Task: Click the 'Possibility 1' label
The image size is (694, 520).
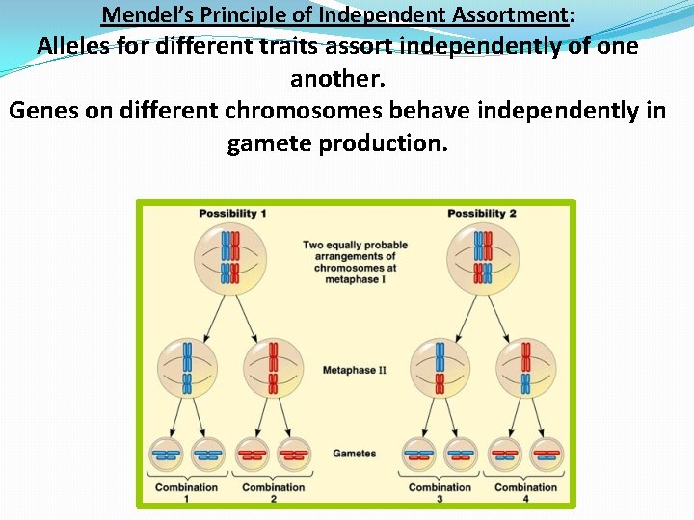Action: [x=232, y=214]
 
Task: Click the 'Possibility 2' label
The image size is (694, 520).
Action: [x=481, y=214]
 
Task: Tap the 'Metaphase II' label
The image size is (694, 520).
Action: [x=354, y=370]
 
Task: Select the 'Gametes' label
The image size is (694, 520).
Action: [x=354, y=453]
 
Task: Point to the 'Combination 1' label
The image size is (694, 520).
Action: [x=187, y=492]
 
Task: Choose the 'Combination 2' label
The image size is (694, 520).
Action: [x=273, y=492]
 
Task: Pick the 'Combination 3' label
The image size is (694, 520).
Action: [x=440, y=492]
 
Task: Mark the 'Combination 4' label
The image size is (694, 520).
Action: [x=525, y=492]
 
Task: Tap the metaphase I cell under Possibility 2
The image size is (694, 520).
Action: [x=482, y=257]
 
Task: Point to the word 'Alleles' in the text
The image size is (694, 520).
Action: [x=73, y=46]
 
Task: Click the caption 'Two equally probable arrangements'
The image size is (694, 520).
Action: [x=355, y=250]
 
